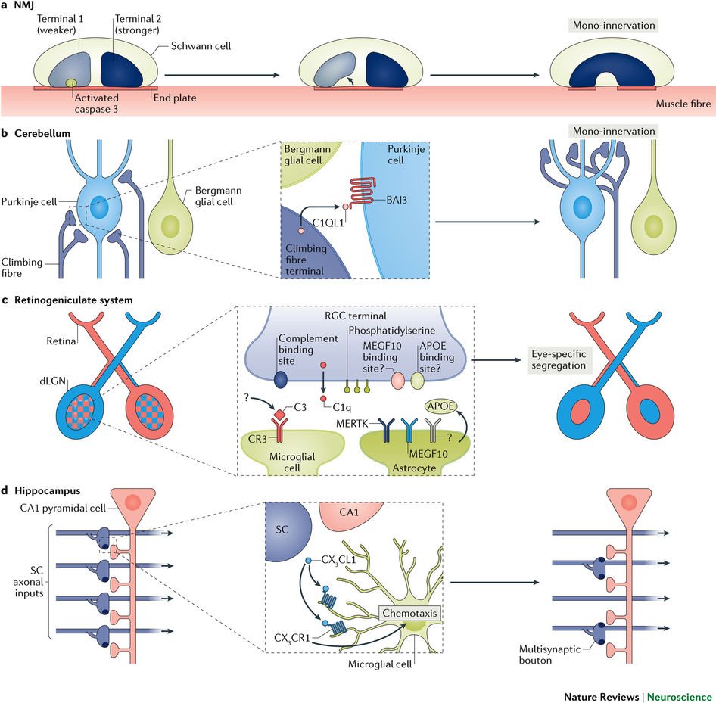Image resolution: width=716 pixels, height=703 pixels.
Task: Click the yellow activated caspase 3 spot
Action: (71, 82)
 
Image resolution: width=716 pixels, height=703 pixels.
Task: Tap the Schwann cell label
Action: (201, 46)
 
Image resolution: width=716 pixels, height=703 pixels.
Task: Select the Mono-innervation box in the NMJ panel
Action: (614, 25)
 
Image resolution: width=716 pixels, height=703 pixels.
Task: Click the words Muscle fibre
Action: (683, 104)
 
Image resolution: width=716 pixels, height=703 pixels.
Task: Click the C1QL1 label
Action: (328, 222)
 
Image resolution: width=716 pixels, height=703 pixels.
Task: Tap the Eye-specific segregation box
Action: (558, 359)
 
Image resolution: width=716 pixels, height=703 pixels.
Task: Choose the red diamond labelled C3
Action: (279, 415)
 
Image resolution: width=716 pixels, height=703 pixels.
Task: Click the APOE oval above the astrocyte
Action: (440, 406)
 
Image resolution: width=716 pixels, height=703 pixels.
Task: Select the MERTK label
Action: (352, 424)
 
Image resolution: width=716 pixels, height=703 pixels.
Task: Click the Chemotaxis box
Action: (409, 613)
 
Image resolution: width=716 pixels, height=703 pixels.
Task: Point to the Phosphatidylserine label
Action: (392, 331)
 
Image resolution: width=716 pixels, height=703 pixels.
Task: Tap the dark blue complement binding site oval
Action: (280, 379)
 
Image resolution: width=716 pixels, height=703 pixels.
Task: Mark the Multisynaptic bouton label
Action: (549, 655)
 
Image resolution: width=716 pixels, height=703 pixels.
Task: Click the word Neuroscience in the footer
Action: (679, 697)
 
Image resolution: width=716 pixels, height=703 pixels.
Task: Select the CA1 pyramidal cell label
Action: (63, 508)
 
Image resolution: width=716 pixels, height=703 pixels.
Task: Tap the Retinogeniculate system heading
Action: (73, 300)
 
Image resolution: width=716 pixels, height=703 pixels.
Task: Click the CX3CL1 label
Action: (338, 560)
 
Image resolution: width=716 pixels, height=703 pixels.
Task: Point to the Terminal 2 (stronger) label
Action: (138, 24)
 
